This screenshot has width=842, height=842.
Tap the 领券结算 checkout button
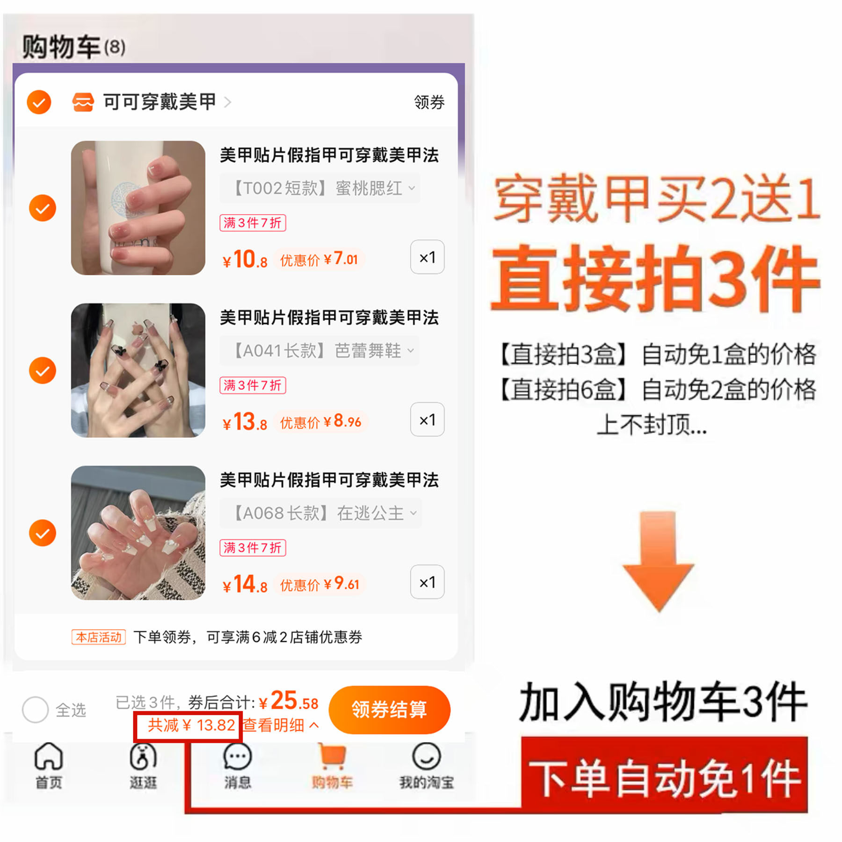[x=389, y=709]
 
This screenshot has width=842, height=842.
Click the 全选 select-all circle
[x=35, y=710]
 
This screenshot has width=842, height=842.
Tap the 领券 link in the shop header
[x=429, y=102]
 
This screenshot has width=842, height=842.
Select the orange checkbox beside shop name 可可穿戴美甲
[x=39, y=102]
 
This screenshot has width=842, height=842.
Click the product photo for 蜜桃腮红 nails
[x=138, y=208]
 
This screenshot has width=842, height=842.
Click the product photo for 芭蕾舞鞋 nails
[x=138, y=370]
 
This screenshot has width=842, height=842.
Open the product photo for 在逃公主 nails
[x=138, y=533]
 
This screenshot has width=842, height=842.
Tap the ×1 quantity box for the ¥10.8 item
[x=427, y=257]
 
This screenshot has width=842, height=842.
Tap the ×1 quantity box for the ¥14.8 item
[x=427, y=582]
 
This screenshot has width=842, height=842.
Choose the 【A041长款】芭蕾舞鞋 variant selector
[x=320, y=350]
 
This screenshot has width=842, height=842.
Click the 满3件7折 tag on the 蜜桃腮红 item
[x=253, y=223]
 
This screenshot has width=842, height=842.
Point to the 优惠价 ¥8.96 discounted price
[x=320, y=421]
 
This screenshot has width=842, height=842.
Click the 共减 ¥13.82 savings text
[x=191, y=725]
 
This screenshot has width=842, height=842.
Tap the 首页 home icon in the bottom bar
[x=48, y=756]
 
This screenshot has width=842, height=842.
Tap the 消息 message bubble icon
[x=238, y=756]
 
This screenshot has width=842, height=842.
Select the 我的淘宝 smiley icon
[x=426, y=756]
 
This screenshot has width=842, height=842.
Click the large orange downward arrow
[x=658, y=561]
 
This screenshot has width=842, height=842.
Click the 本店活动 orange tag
[x=98, y=637]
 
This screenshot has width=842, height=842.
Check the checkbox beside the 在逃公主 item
[x=43, y=533]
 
